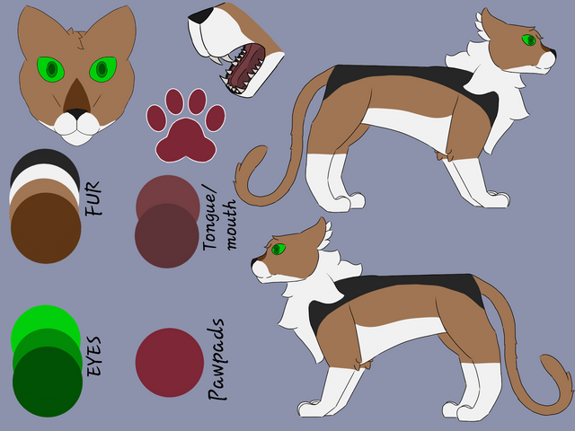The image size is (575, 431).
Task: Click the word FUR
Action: coord(93,198)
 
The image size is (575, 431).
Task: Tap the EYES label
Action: coord(93,356)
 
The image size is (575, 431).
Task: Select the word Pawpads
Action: coord(217,359)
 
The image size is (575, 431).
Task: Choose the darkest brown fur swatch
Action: coord(46,228)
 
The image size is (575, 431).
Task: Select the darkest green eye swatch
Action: coord(48,382)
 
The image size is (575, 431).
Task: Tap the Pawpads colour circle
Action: coord(170,363)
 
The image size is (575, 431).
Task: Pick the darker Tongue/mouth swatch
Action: coord(167,235)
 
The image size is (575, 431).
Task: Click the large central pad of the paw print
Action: coord(186,141)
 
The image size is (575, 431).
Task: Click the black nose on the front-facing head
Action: coord(76,113)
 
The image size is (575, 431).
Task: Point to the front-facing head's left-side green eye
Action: coord(51,69)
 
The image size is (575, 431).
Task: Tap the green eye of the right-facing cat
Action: coord(529,40)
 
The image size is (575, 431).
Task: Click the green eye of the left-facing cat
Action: coord(279,250)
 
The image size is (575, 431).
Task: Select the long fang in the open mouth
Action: coord(227,59)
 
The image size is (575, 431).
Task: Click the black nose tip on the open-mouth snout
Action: coord(200,16)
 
